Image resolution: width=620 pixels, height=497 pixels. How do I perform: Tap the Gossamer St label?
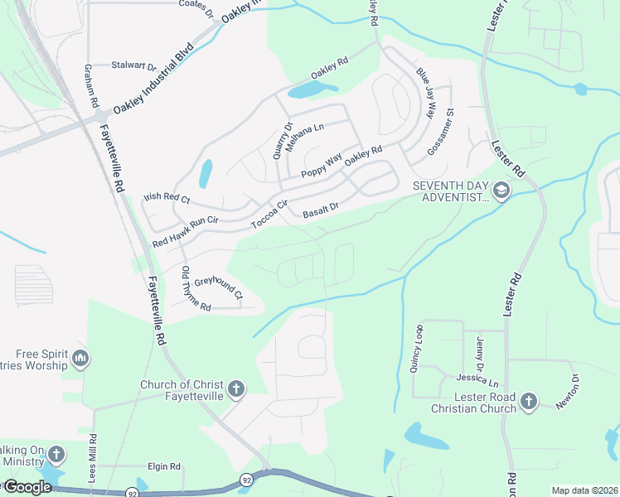[x=441, y=132]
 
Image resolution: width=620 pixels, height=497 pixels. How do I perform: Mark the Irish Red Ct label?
[x=167, y=199]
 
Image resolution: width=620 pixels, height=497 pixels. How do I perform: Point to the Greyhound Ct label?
[x=219, y=287]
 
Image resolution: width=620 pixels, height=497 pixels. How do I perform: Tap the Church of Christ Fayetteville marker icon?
[x=235, y=389]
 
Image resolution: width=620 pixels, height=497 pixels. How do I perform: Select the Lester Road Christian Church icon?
[x=528, y=402]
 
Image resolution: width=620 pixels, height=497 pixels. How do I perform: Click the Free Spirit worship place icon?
[x=80, y=359]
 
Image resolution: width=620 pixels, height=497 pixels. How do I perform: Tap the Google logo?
[x=27, y=487]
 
